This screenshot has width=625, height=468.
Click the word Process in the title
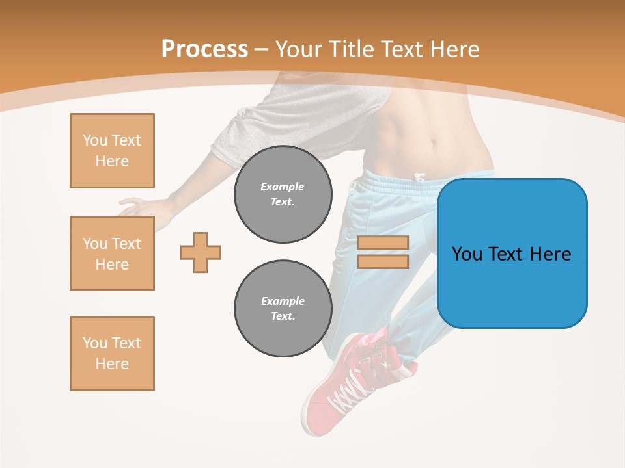pyautogui.click(x=204, y=49)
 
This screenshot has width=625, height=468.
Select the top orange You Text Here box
pyautogui.click(x=112, y=151)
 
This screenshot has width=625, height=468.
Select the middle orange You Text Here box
pyautogui.click(x=112, y=253)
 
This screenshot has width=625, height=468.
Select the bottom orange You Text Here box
pyautogui.click(x=112, y=354)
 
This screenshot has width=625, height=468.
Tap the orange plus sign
pyautogui.click(x=201, y=252)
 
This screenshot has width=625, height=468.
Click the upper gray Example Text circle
pyautogui.click(x=283, y=194)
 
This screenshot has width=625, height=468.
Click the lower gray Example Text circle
pyautogui.click(x=283, y=309)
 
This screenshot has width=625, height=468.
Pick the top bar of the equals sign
pyautogui.click(x=383, y=242)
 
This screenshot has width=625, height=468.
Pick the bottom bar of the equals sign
pyautogui.click(x=383, y=261)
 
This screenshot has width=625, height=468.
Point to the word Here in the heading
pyautogui.click(x=452, y=49)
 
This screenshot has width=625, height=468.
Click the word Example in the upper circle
pyautogui.click(x=283, y=187)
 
